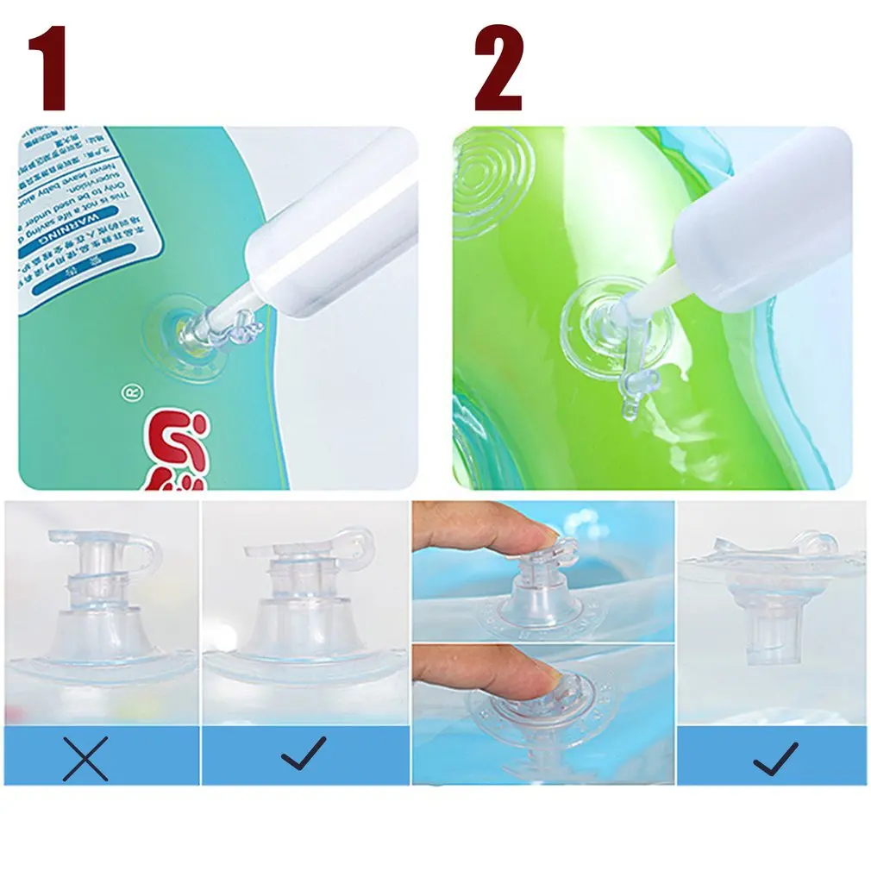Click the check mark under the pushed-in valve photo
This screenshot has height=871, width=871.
(774, 756)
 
